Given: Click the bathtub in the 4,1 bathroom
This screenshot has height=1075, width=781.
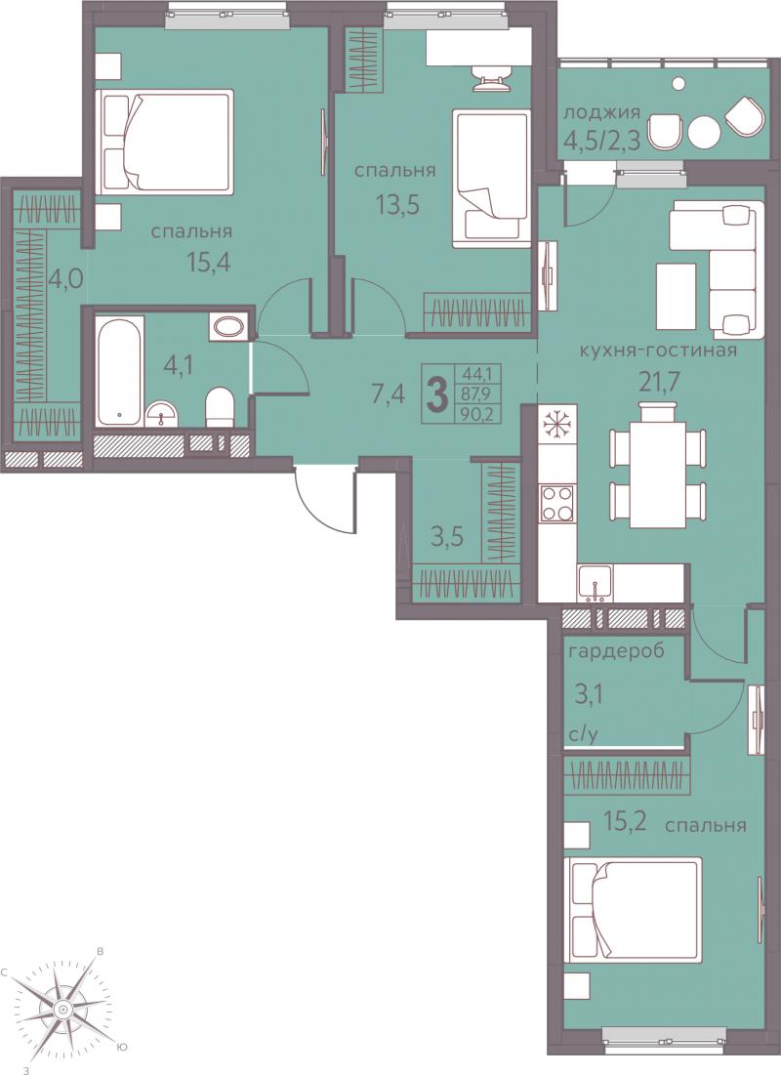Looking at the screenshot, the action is pos(120,370).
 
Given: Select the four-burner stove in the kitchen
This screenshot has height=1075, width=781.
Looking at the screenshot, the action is pos(557,503).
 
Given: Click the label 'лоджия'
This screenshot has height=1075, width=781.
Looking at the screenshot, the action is pos(601,111).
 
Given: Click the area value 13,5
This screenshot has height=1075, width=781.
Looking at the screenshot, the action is pos(396,204).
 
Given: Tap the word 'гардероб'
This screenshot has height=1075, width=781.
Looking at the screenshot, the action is pos(616,650).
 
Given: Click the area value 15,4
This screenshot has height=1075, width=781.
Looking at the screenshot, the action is pos(208,261).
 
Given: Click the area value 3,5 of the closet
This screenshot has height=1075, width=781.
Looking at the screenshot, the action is pos(447,536).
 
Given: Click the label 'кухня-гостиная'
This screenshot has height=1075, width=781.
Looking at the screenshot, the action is pos(658,351).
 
